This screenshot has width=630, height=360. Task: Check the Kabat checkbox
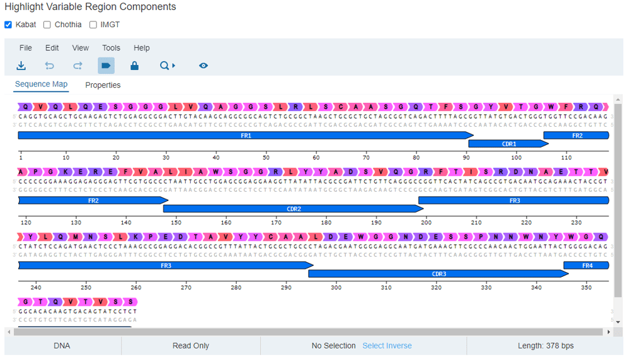tap(8, 25)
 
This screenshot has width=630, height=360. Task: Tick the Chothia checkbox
tap(47, 25)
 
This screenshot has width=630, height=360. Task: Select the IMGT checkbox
tap(93, 25)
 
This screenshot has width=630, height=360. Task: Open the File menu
tap(26, 48)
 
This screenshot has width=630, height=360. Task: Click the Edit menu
tap(52, 48)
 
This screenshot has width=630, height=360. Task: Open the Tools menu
tap(111, 48)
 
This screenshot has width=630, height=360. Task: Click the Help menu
tap(142, 48)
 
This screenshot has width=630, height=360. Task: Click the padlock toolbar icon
tap(134, 66)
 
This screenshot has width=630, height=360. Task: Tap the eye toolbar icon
tap(203, 66)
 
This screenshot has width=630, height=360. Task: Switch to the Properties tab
tap(103, 85)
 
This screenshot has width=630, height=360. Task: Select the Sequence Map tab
tap(41, 84)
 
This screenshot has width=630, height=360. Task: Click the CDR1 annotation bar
tap(508, 144)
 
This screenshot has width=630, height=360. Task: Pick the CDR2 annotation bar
tap(294, 209)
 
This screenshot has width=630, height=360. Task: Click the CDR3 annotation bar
tap(438, 274)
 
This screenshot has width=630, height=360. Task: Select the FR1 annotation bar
tap(246, 136)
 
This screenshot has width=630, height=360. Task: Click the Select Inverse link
tap(387, 345)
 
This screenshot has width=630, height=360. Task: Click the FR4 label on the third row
tap(587, 265)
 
